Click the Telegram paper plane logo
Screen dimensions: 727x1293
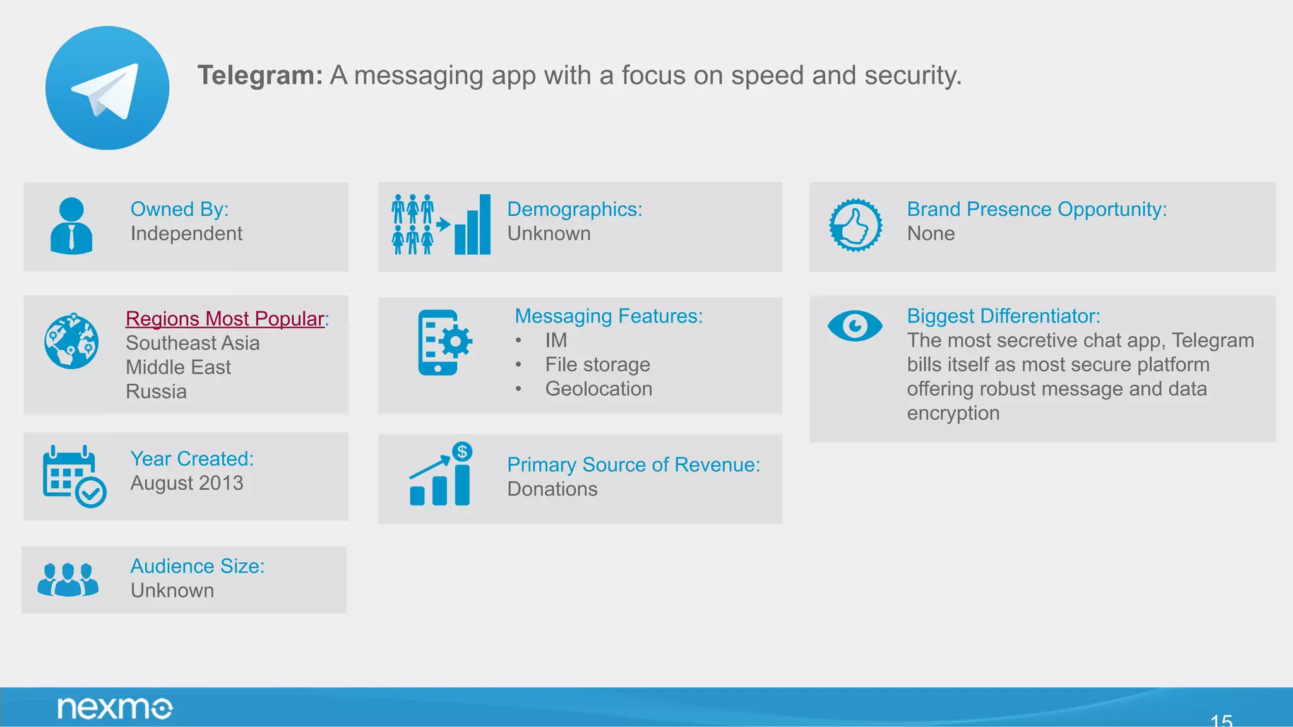point(107,88)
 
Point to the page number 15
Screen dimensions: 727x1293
point(1221,719)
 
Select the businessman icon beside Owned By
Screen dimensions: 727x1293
point(71,226)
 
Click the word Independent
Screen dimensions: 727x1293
point(186,233)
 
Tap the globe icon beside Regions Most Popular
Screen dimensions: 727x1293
point(71,341)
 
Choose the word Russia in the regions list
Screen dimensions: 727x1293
point(156,392)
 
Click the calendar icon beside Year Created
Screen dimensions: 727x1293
point(73,476)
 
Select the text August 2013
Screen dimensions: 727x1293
point(186,483)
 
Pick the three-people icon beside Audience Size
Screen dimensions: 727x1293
point(68,579)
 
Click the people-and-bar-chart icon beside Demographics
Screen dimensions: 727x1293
point(441,225)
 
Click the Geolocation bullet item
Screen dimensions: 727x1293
point(599,389)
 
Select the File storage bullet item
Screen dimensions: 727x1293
point(597,365)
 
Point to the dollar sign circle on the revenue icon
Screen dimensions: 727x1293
point(462,452)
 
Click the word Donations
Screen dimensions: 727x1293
point(552,489)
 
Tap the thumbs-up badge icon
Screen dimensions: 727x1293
point(855,225)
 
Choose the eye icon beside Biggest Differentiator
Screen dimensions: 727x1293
point(855,326)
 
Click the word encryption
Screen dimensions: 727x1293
point(953,413)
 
